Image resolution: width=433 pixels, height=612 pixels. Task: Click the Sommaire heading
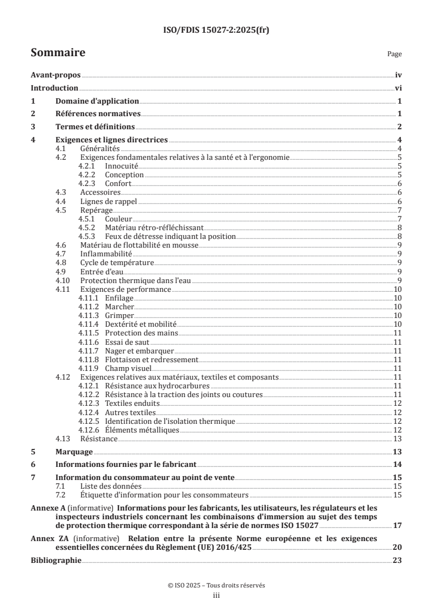(57, 53)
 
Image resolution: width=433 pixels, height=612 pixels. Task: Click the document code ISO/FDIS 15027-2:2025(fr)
(216, 31)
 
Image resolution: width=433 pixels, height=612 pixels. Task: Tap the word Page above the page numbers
(394, 55)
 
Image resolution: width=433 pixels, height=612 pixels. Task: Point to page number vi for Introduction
(398, 88)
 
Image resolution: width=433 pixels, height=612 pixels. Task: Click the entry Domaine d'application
(97, 101)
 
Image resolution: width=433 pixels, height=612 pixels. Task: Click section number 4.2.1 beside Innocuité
(88, 166)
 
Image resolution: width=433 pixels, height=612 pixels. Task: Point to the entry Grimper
(119, 316)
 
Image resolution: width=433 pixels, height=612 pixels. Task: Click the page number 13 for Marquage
(397, 452)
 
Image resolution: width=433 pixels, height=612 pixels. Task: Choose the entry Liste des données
(103, 486)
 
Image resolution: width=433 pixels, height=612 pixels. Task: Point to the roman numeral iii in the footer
(216, 596)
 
